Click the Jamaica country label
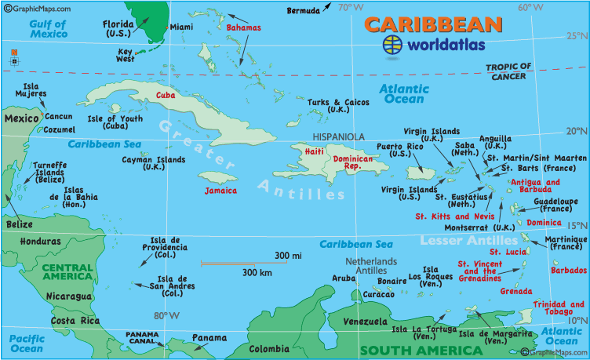point(220,191)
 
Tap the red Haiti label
point(314,151)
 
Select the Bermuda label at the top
point(304,10)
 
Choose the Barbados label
point(568,270)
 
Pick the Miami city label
point(181,27)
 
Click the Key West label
point(125,55)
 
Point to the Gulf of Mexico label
point(49,29)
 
